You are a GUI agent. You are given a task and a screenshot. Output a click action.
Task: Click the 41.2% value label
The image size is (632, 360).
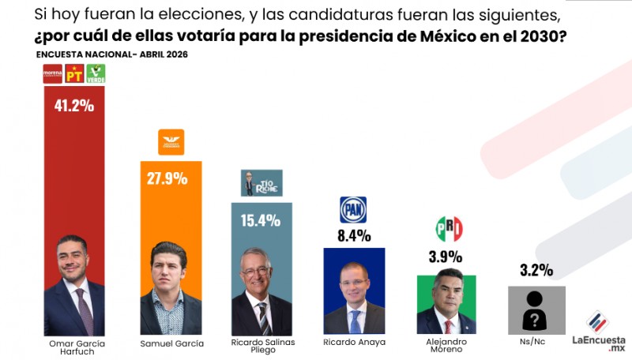point(73,105)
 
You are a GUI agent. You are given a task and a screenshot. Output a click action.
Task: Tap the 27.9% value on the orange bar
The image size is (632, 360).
point(167,178)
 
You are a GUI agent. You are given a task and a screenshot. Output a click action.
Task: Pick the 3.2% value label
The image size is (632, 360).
point(536,270)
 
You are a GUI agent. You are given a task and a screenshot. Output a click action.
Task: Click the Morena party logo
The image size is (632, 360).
point(53,74)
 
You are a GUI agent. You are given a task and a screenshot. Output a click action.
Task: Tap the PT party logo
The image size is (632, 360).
point(74,74)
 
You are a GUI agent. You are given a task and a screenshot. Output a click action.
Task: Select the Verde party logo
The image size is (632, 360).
point(96,74)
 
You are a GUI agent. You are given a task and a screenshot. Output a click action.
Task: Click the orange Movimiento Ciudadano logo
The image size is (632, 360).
point(171,142)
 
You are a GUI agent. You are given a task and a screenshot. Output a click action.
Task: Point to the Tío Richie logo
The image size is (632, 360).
point(261,182)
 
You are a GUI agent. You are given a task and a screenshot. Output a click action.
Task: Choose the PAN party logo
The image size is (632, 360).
point(353,209)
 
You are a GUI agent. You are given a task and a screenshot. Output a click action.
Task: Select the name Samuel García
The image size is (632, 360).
point(171,343)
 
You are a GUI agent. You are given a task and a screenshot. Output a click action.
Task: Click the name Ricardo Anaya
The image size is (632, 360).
point(354,343)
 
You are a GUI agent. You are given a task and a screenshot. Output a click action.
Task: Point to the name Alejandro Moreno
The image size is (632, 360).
point(446,347)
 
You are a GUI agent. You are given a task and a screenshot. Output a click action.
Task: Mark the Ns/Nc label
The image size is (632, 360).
point(536,343)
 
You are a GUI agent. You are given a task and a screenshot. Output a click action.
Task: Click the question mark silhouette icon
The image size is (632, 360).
point(536,310)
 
